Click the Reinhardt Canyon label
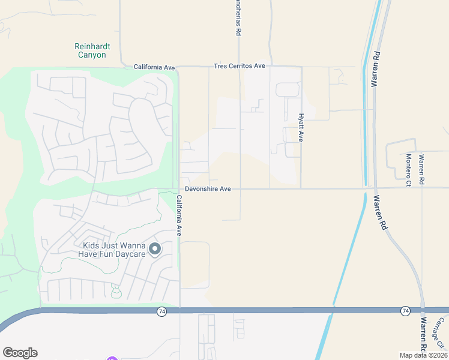[90, 50]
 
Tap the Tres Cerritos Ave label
[240, 66]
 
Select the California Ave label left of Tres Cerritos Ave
[154, 67]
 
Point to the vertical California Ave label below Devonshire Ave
[179, 219]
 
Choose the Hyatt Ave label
[302, 128]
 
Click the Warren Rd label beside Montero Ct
[421, 169]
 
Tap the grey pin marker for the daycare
[155, 248]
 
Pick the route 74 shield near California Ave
[162, 311]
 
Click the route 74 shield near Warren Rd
[405, 310]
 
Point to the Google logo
[20, 353]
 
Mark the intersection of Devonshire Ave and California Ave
[179, 189]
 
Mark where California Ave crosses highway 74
[180, 310]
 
